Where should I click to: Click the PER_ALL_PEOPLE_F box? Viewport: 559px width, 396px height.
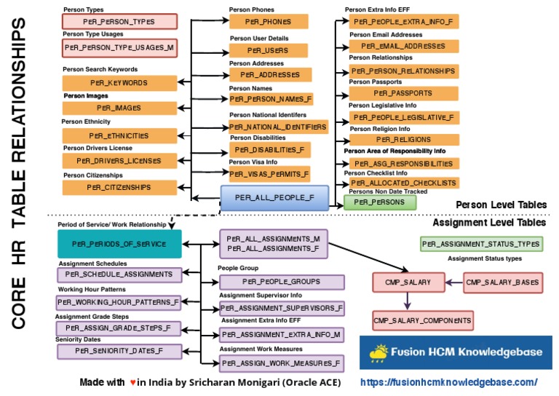[274, 197]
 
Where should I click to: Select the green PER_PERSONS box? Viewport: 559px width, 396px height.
[374, 202]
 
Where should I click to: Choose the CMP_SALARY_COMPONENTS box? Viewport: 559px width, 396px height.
[422, 320]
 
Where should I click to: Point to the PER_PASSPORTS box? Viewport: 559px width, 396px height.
[403, 93]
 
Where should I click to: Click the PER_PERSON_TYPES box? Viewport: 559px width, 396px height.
[119, 23]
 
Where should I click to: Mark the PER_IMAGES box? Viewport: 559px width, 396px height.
[119, 108]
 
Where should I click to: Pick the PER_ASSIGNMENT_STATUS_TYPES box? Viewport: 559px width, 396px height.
[481, 244]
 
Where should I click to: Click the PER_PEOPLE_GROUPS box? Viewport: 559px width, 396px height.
[282, 281]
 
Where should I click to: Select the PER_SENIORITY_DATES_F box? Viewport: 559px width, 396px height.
[119, 351]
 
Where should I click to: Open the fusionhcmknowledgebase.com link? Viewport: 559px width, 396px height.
[449, 382]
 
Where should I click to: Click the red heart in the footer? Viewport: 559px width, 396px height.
[132, 382]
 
